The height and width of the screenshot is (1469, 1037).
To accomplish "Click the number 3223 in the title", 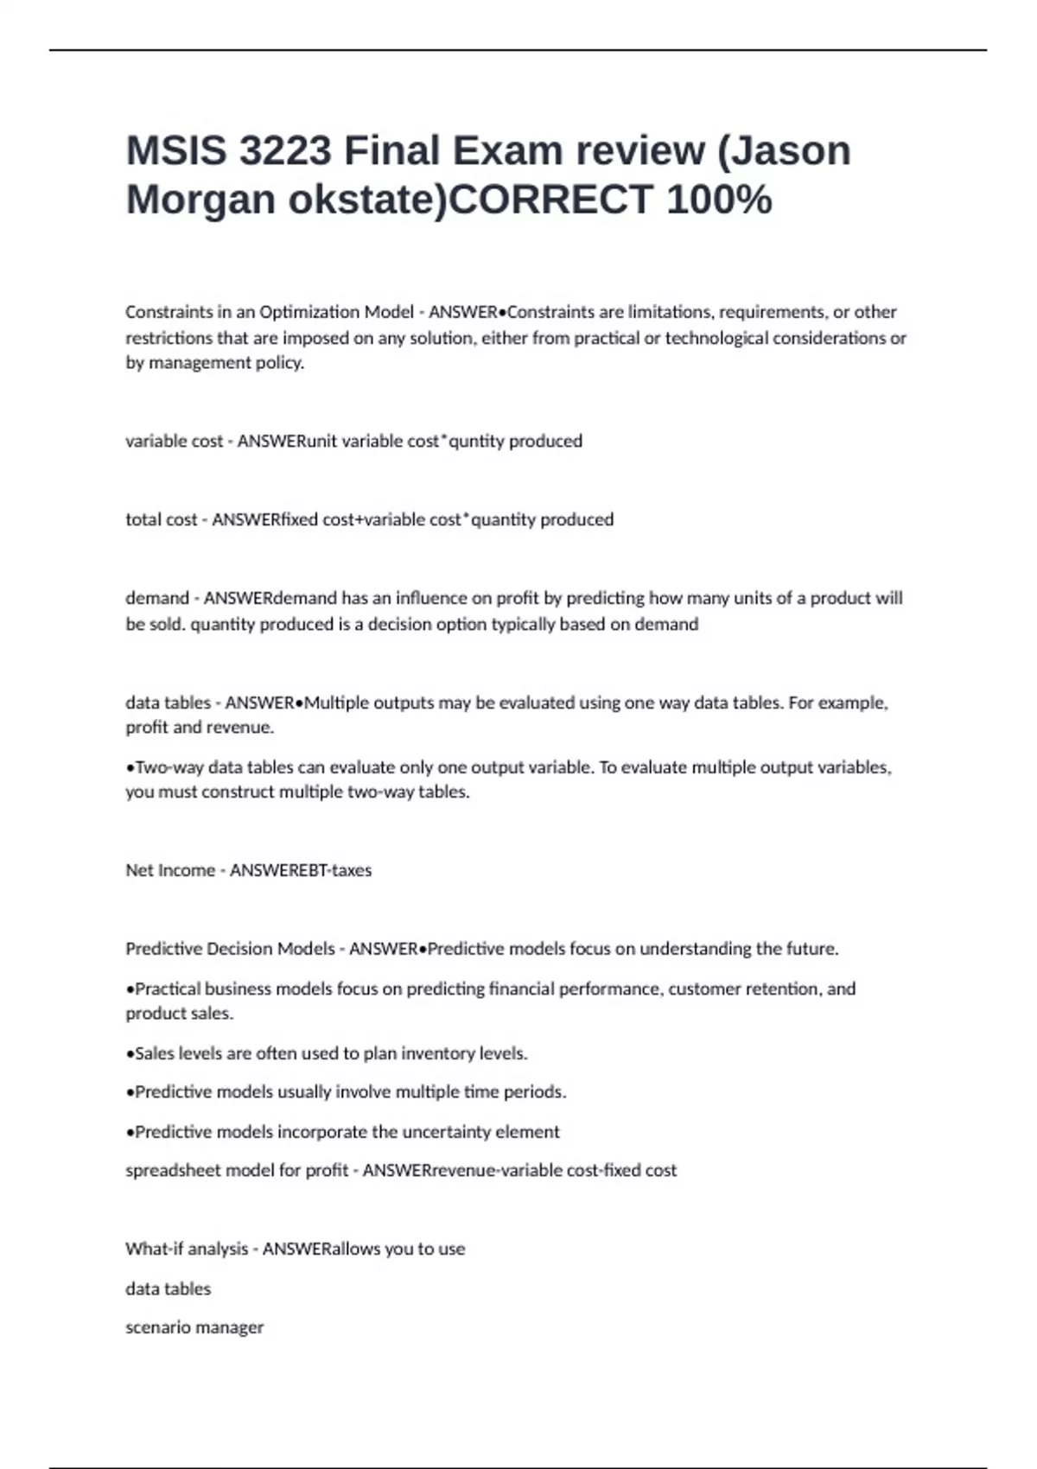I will [284, 150].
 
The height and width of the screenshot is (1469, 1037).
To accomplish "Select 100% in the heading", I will [719, 200].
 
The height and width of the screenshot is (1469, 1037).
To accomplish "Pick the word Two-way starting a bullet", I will [169, 767].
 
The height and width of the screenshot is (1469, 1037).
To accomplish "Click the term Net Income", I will [170, 870].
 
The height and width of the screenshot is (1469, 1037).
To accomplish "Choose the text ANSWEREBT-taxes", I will [301, 870].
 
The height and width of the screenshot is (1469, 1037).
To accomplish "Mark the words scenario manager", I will [194, 1327].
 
